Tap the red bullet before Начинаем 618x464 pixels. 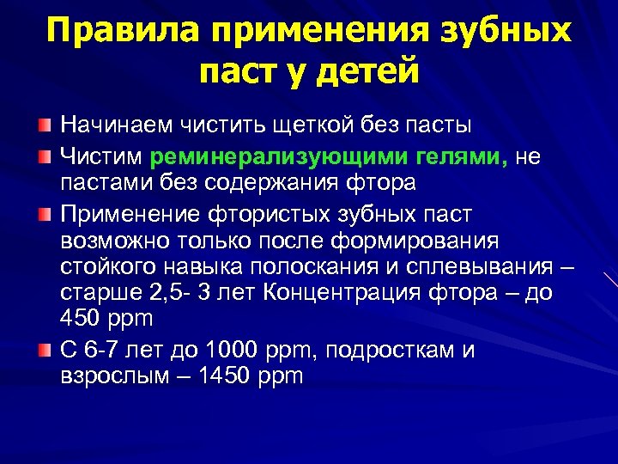coord(43,126)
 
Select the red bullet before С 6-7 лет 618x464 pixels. coord(43,350)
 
